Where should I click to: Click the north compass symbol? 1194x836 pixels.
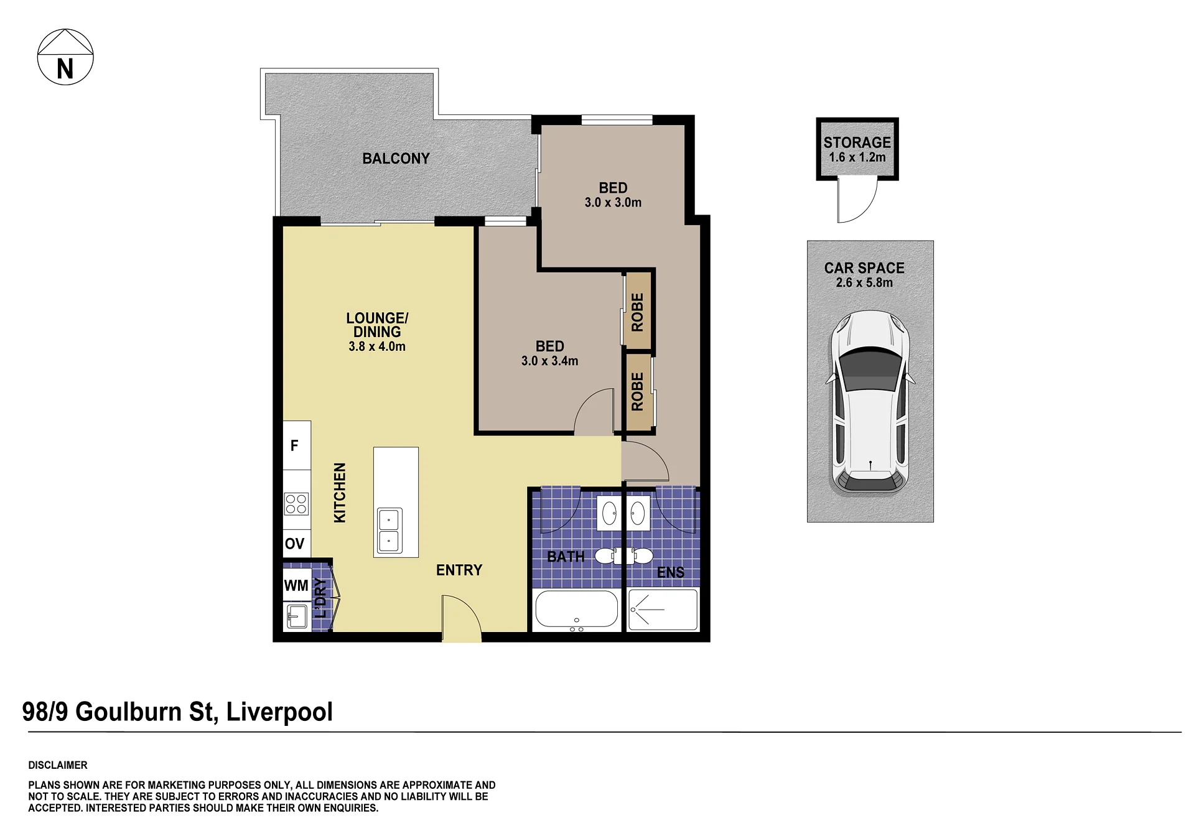(x=65, y=57)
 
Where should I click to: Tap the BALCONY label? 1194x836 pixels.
(x=396, y=159)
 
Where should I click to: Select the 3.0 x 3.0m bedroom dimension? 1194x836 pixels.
(x=613, y=202)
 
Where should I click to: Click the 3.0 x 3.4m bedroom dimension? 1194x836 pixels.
(x=549, y=361)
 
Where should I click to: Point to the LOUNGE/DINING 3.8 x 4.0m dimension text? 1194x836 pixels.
(x=377, y=346)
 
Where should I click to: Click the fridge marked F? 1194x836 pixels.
(x=297, y=445)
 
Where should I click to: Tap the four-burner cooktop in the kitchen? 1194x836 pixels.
(x=297, y=504)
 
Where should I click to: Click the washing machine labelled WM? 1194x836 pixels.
(x=297, y=585)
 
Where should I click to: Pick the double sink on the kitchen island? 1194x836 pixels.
(x=389, y=531)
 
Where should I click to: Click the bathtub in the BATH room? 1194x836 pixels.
(x=577, y=609)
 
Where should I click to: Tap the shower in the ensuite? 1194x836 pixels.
(x=663, y=609)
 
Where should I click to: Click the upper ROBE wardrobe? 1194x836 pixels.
(x=638, y=311)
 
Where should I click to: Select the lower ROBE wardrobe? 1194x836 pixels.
(x=638, y=391)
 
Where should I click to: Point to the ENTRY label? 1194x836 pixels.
(x=459, y=570)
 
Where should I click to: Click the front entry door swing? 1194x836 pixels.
(x=461, y=617)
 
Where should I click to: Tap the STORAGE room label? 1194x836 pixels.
(x=857, y=142)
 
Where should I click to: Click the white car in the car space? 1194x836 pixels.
(x=870, y=402)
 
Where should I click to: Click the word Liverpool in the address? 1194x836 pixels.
(x=279, y=712)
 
